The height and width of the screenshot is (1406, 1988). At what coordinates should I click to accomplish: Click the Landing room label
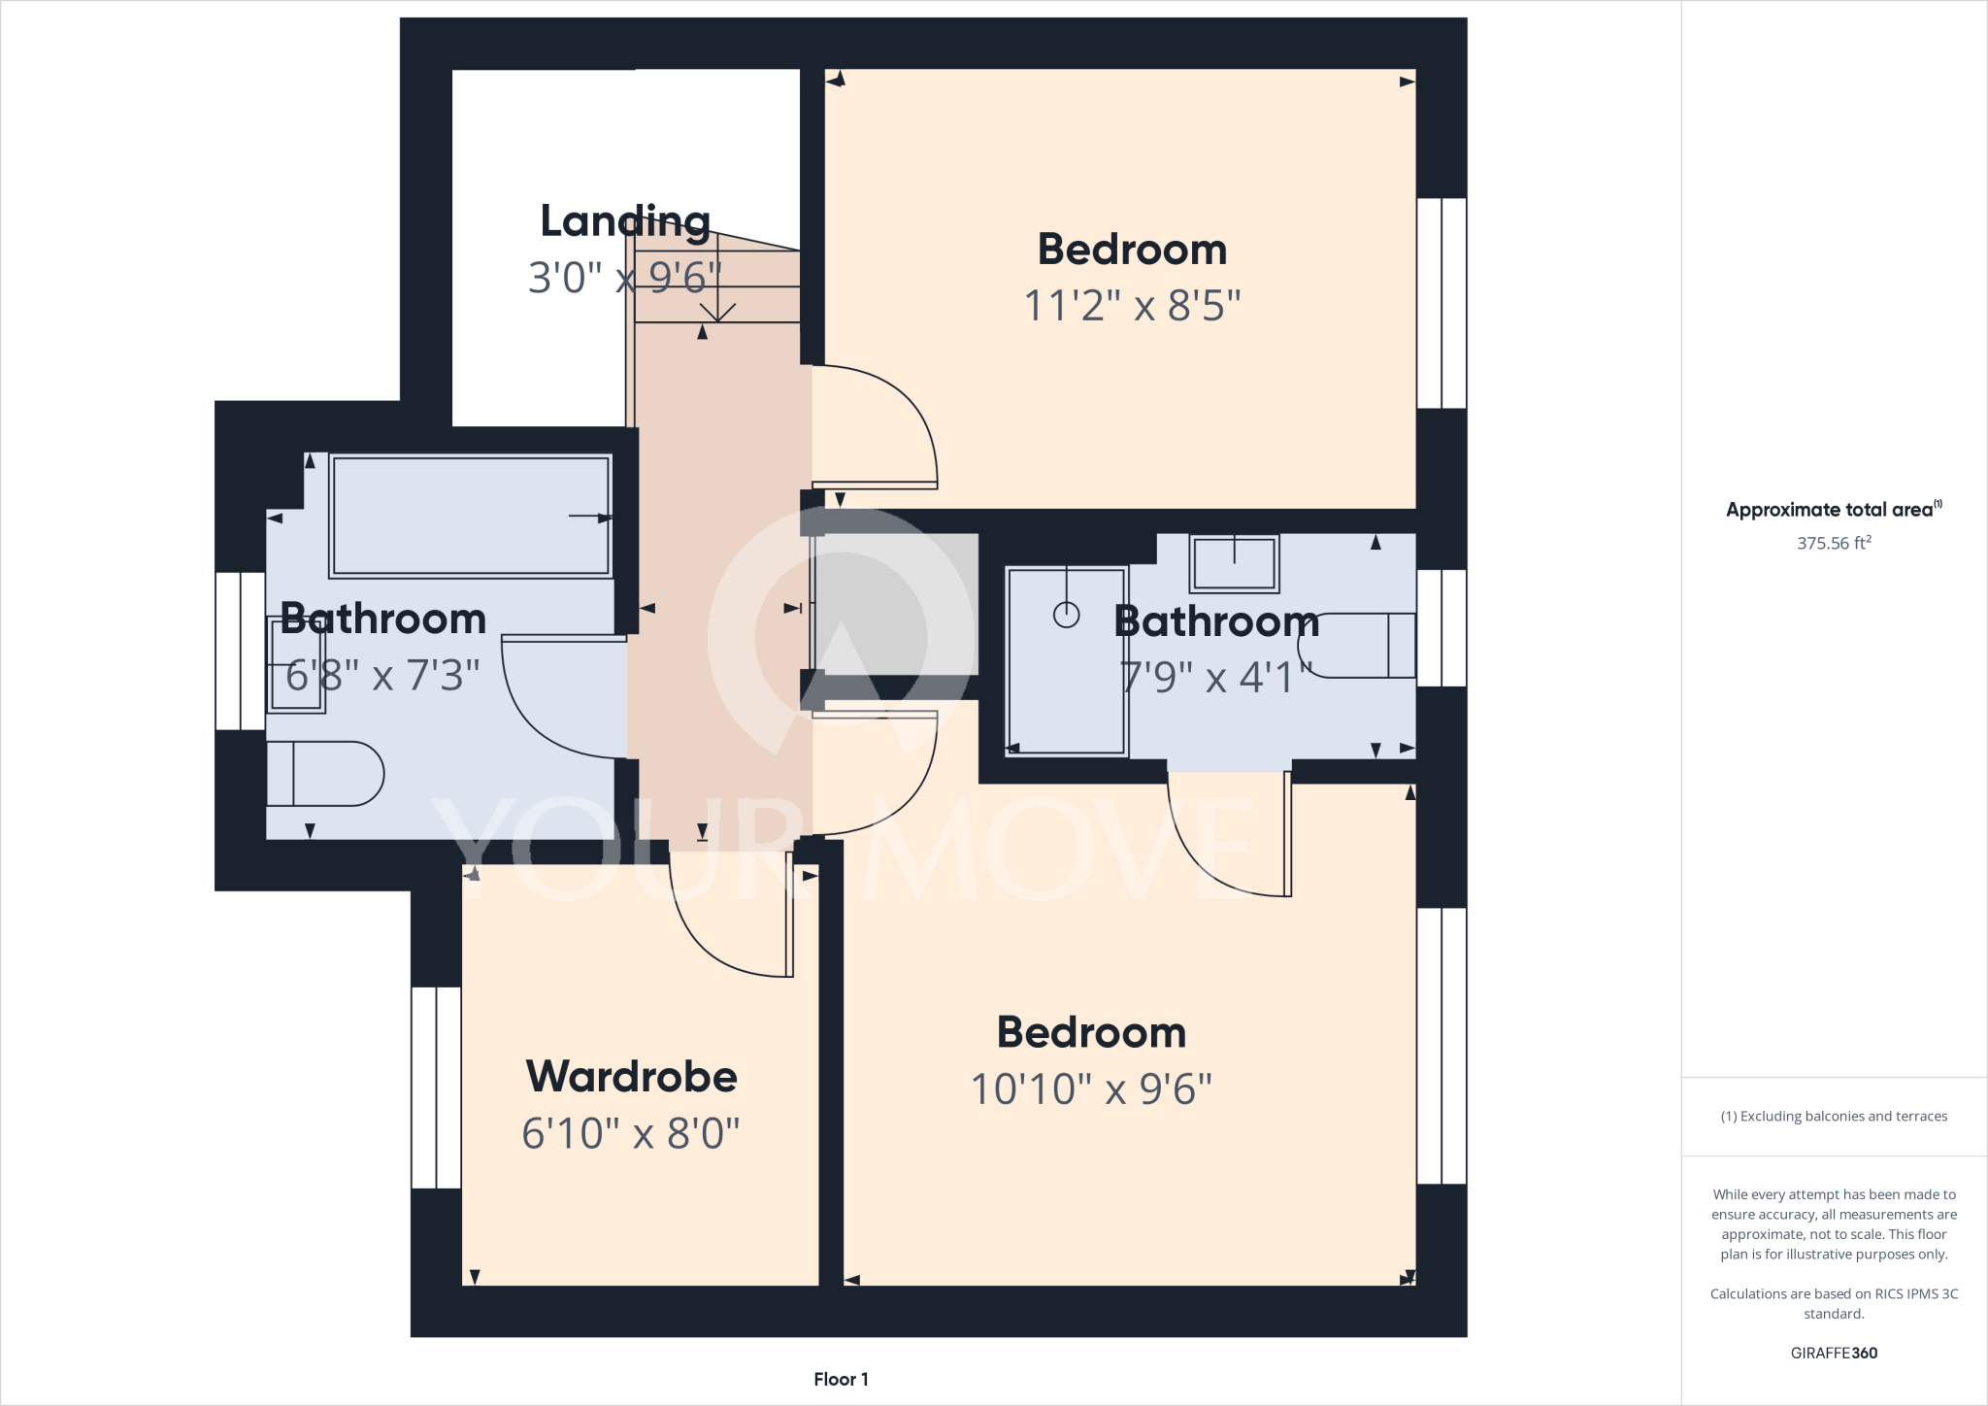tap(624, 221)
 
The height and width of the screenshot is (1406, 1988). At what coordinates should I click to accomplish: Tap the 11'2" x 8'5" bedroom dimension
tap(1132, 306)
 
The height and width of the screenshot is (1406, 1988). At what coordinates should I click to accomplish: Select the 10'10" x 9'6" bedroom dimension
tap(1091, 1088)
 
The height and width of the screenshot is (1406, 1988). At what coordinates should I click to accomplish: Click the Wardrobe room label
tap(631, 1076)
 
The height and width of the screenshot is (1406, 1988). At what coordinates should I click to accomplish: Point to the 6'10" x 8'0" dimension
tap(631, 1133)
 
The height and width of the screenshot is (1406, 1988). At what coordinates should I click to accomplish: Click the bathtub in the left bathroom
tap(470, 516)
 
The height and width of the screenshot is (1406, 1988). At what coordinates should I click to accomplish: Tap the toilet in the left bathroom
tap(325, 774)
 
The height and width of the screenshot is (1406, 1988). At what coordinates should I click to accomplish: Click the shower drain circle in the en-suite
tap(1066, 615)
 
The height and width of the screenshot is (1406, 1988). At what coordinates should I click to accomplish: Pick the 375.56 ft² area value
tap(1833, 543)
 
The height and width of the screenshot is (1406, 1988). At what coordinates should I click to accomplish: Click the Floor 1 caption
tap(841, 1379)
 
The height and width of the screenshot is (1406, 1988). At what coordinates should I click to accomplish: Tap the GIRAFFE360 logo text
tap(1833, 1353)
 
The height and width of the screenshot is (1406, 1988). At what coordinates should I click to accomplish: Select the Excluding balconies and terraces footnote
tap(1833, 1117)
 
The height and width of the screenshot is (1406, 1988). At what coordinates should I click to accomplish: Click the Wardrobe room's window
tap(436, 1088)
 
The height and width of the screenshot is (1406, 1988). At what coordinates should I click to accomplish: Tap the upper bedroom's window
tap(1441, 303)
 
